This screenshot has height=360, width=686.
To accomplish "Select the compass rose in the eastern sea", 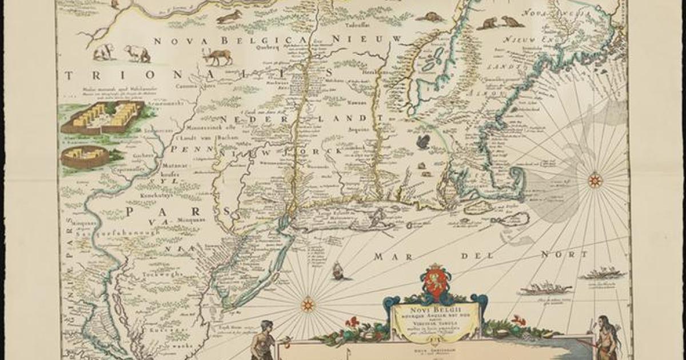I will point(595,181).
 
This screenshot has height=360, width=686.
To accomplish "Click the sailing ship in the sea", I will point(338,270).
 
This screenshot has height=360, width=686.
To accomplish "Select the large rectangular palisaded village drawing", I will point(102,117).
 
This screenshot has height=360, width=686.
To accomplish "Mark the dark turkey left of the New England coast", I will point(423,141).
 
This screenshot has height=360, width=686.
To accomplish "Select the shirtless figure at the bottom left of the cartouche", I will point(262,341).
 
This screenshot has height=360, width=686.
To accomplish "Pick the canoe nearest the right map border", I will point(602,274).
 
